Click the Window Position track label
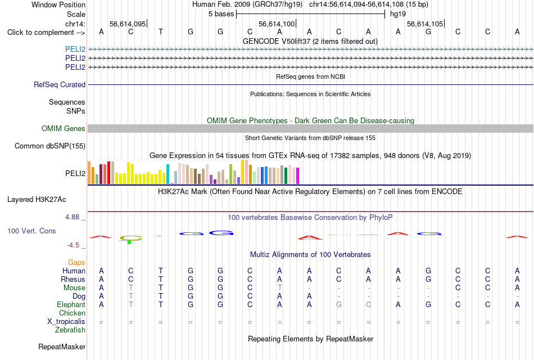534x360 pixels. [x=58, y=4]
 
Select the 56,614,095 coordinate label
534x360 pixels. [x=128, y=24]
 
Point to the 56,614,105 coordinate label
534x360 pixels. [x=425, y=24]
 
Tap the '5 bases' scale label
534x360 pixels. [x=221, y=14]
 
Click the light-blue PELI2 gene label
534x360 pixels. [x=75, y=49]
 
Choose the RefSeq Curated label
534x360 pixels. [x=60, y=84]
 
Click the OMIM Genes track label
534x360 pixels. [x=64, y=128]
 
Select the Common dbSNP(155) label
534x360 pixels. [x=50, y=146]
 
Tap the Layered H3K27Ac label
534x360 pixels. [x=37, y=200]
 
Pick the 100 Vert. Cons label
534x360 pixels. [x=31, y=231]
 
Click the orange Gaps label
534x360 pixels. [x=76, y=262]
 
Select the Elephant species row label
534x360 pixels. [x=71, y=304]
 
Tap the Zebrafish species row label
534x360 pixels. [x=70, y=330]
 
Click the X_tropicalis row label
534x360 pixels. [x=66, y=322]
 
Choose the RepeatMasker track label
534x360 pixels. [x=62, y=346]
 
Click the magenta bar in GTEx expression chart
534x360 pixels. [x=298, y=175]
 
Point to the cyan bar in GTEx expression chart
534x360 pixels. [x=168, y=174]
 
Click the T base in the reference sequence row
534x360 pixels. [x=160, y=31]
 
